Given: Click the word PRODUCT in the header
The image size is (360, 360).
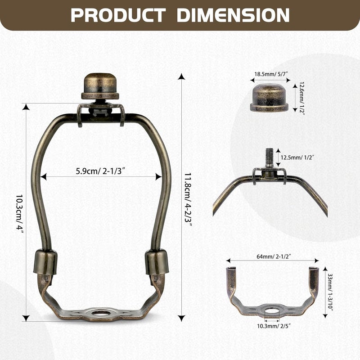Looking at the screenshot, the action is [x=118, y=15].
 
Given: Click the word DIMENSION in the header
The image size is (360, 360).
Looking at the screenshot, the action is [x=233, y=15].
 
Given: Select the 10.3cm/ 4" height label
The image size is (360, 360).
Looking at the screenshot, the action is [x=20, y=212].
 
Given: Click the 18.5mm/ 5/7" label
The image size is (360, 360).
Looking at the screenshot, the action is [x=271, y=74].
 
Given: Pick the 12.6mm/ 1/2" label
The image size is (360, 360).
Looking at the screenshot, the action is [x=301, y=98].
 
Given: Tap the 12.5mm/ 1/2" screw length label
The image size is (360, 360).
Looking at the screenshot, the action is [x=297, y=157].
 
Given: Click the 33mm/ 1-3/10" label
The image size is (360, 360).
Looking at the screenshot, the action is [x=330, y=292].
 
